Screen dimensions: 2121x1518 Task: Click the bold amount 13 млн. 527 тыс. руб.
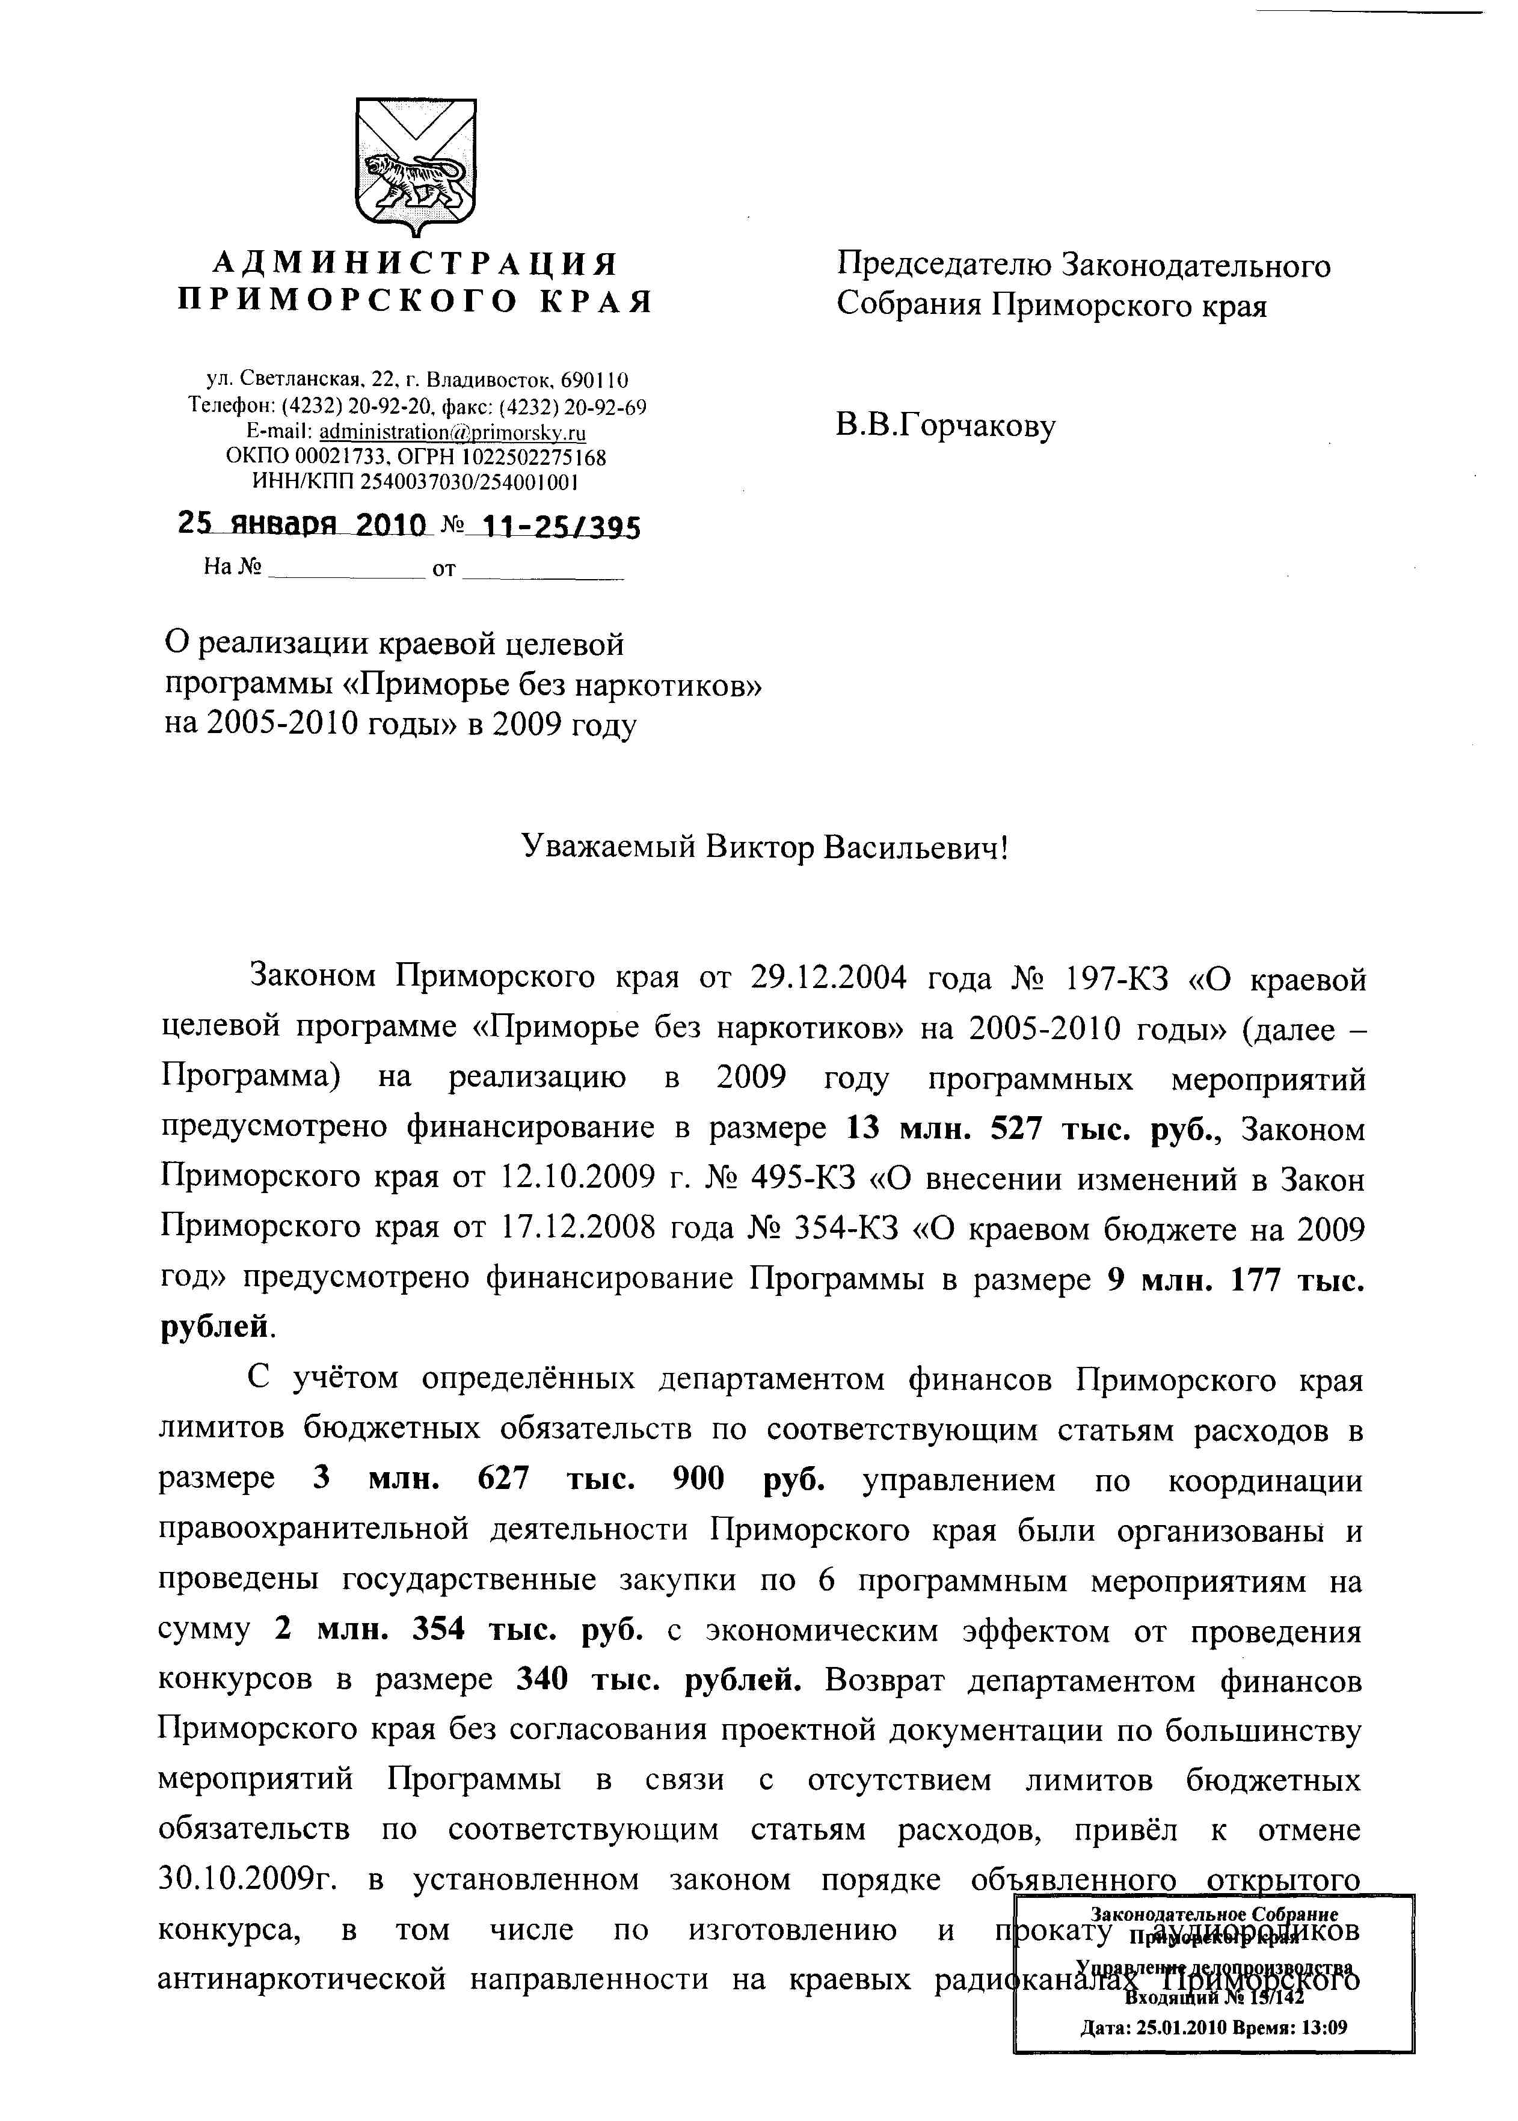coord(1034,1129)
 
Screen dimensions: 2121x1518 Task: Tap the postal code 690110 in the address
coord(594,380)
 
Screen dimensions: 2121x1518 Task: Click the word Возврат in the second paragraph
coord(885,1680)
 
